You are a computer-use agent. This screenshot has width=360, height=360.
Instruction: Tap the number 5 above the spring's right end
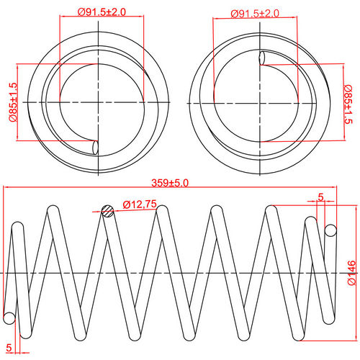[x=320, y=196]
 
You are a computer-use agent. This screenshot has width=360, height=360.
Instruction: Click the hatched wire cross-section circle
[x=108, y=211]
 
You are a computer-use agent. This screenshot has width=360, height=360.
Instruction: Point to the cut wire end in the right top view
[x=263, y=58]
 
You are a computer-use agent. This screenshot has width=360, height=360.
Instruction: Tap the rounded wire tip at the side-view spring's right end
[x=331, y=230]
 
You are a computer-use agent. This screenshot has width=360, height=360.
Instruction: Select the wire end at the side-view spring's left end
[x=9, y=318]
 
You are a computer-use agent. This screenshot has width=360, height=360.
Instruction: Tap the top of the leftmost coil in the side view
[x=53, y=210]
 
